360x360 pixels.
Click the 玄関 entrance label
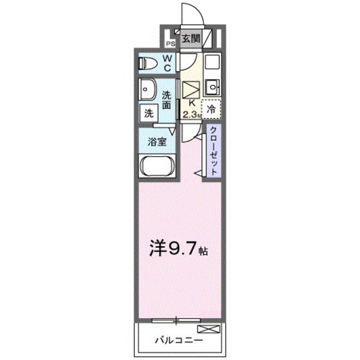tap(190, 39)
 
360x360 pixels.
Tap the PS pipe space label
tap(170, 43)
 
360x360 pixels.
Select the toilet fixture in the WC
tap(148, 63)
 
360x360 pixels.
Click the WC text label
tap(166, 62)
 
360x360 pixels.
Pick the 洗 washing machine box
tap(148, 113)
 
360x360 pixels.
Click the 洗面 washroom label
tap(166, 100)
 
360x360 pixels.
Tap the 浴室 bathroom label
tap(157, 141)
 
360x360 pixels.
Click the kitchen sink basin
tap(213, 85)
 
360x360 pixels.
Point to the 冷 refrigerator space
tap(212, 110)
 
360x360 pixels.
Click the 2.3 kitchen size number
tap(189, 114)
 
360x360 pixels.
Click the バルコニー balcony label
tap(179, 339)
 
